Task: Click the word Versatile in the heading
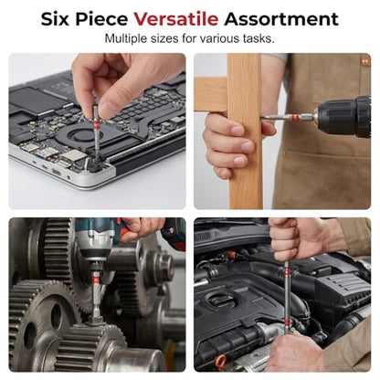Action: point(176,19)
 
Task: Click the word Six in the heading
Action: point(56,19)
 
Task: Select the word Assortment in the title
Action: point(281,19)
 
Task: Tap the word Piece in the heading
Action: point(101,19)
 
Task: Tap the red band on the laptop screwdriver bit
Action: point(96,122)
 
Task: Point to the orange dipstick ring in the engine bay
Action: point(221,362)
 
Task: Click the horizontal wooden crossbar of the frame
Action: point(211,94)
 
